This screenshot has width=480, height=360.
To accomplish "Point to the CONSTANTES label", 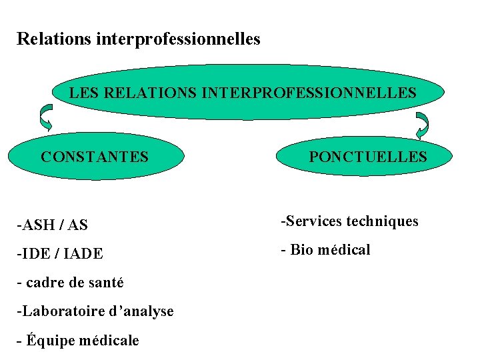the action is (x=94, y=157).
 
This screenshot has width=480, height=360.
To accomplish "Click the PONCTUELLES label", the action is (x=367, y=157).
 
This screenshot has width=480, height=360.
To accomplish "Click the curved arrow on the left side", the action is (x=45, y=117).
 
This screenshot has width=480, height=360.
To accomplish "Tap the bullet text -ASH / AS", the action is (x=52, y=225).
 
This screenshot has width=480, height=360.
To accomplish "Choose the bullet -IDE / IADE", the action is (x=60, y=254).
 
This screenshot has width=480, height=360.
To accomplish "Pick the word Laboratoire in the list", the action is (x=59, y=311).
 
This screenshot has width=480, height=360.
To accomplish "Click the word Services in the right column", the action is (x=311, y=221).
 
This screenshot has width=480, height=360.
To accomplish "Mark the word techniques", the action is (x=382, y=221).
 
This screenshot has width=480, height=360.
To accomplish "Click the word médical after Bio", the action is (x=344, y=250).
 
